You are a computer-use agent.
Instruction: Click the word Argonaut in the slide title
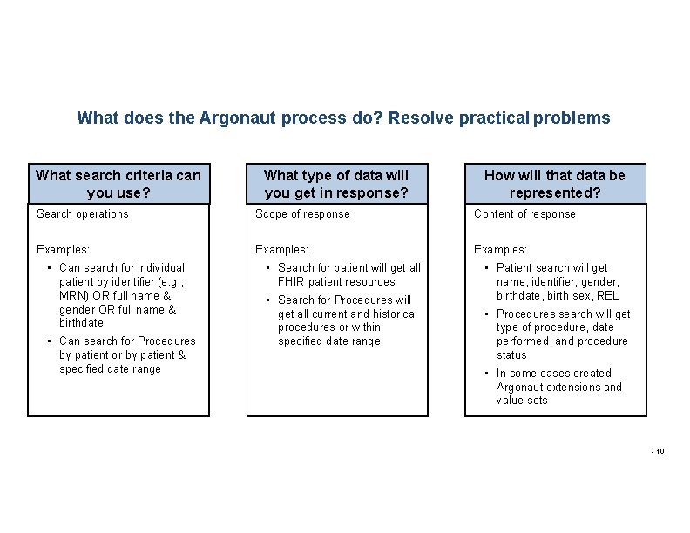coord(238,118)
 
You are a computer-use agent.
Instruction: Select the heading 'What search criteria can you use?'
coord(118,184)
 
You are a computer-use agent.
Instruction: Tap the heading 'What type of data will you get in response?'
coord(336,184)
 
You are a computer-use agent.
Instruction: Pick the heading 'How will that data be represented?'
coord(554,184)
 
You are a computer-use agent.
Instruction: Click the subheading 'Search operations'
coord(83,214)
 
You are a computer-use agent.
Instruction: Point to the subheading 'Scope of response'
coord(302,214)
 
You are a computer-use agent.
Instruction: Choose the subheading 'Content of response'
coord(524,214)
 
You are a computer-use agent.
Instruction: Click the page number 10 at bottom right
coord(660,451)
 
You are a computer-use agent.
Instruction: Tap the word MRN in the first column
coord(73,295)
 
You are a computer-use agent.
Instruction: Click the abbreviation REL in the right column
coord(608,296)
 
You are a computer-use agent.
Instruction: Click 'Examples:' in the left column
coord(63,250)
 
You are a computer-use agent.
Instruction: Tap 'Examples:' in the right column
coord(500,250)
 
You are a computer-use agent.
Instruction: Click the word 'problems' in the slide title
coord(572,118)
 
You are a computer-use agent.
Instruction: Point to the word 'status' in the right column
coord(511,355)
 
